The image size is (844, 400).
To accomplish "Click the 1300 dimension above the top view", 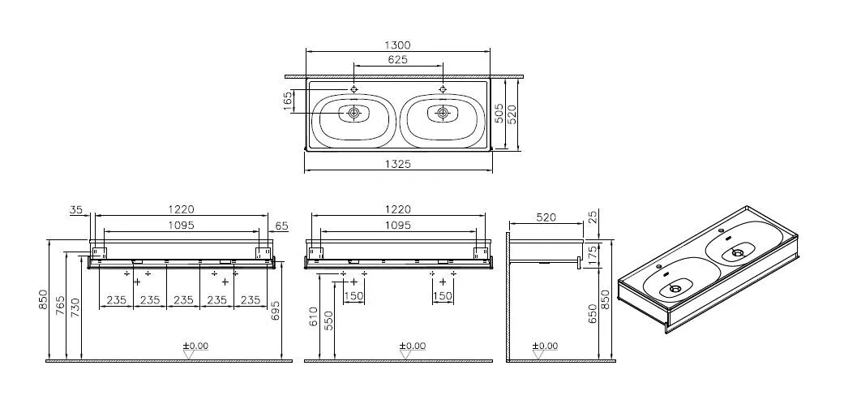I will [x=397, y=45].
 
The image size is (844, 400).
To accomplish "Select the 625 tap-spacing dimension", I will [x=397, y=59].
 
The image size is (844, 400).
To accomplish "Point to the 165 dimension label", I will [x=288, y=101].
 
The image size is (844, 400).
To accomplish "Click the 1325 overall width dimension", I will [x=397, y=164].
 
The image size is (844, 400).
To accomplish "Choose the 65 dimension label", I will [x=281, y=226].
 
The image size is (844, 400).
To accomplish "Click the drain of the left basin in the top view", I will [x=354, y=114].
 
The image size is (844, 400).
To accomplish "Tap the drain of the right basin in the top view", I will [x=443, y=114].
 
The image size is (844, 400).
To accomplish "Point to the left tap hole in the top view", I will [x=354, y=88].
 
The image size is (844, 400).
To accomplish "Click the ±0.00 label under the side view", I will [x=545, y=346].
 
